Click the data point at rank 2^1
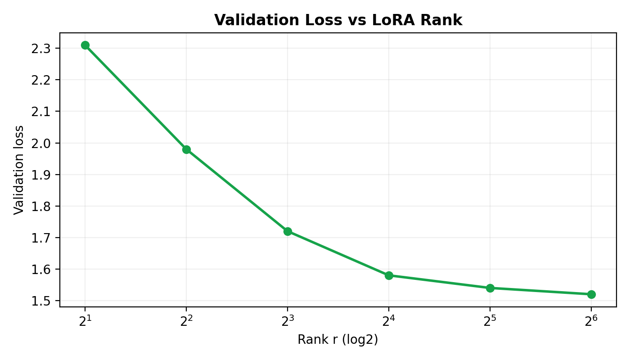point(85,45)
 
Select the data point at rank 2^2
point(186,149)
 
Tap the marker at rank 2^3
point(288,231)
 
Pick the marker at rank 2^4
point(389,275)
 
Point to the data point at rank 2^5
point(490,288)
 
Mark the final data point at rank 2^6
point(591,294)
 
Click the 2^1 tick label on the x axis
point(85,321)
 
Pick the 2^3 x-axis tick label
point(288,321)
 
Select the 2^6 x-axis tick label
point(591,321)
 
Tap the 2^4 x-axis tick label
point(389,321)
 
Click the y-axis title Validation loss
point(18,170)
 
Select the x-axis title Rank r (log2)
point(337,340)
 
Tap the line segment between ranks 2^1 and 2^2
point(135,97)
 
